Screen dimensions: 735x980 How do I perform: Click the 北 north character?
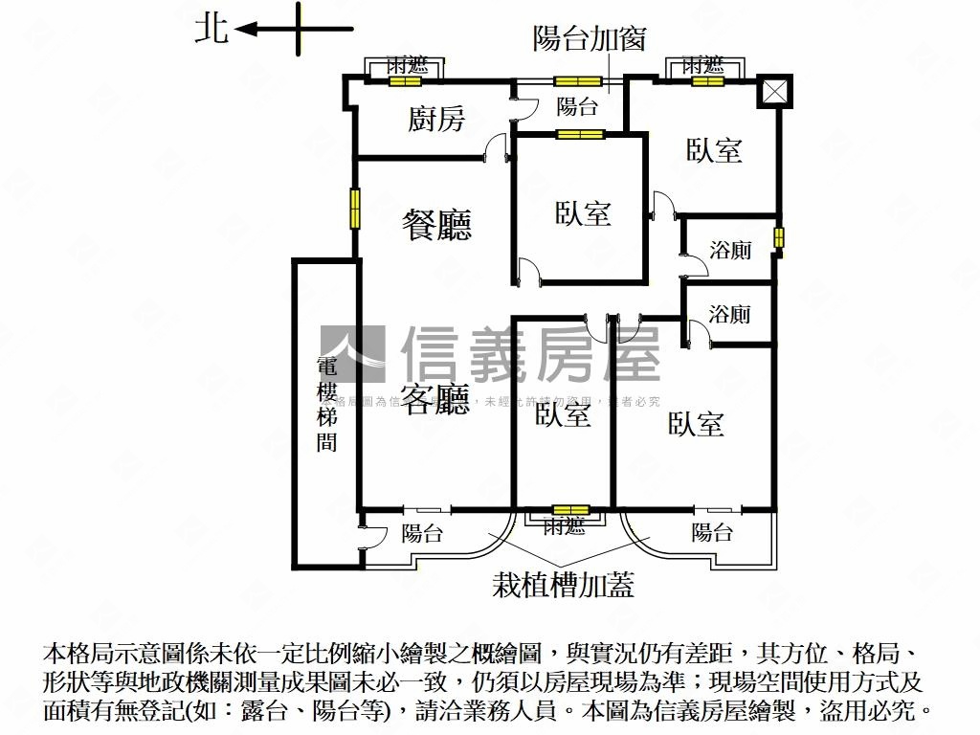point(212,28)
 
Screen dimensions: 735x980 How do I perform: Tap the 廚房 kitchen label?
point(436,119)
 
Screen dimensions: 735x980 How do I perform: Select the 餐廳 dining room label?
point(437,226)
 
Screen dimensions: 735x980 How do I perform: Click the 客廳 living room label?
point(435,400)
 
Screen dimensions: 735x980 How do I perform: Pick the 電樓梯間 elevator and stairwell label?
point(327,404)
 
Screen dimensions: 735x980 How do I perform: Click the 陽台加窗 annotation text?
point(590,38)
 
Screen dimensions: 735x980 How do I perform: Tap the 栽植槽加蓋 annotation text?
point(563,585)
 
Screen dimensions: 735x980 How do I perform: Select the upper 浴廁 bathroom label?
point(730,251)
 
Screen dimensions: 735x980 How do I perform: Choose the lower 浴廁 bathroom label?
point(730,314)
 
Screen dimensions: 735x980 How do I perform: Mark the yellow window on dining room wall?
point(355,209)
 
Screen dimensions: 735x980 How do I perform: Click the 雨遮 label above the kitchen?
point(407,66)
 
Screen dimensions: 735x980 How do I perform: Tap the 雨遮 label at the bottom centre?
point(563,525)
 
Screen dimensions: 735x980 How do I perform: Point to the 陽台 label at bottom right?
point(712,533)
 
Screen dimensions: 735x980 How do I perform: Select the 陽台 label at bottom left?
point(422,533)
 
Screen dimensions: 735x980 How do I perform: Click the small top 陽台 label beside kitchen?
point(577,107)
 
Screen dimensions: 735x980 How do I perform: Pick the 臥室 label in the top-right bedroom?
point(715,150)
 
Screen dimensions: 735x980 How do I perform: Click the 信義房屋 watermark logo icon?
point(352,354)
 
